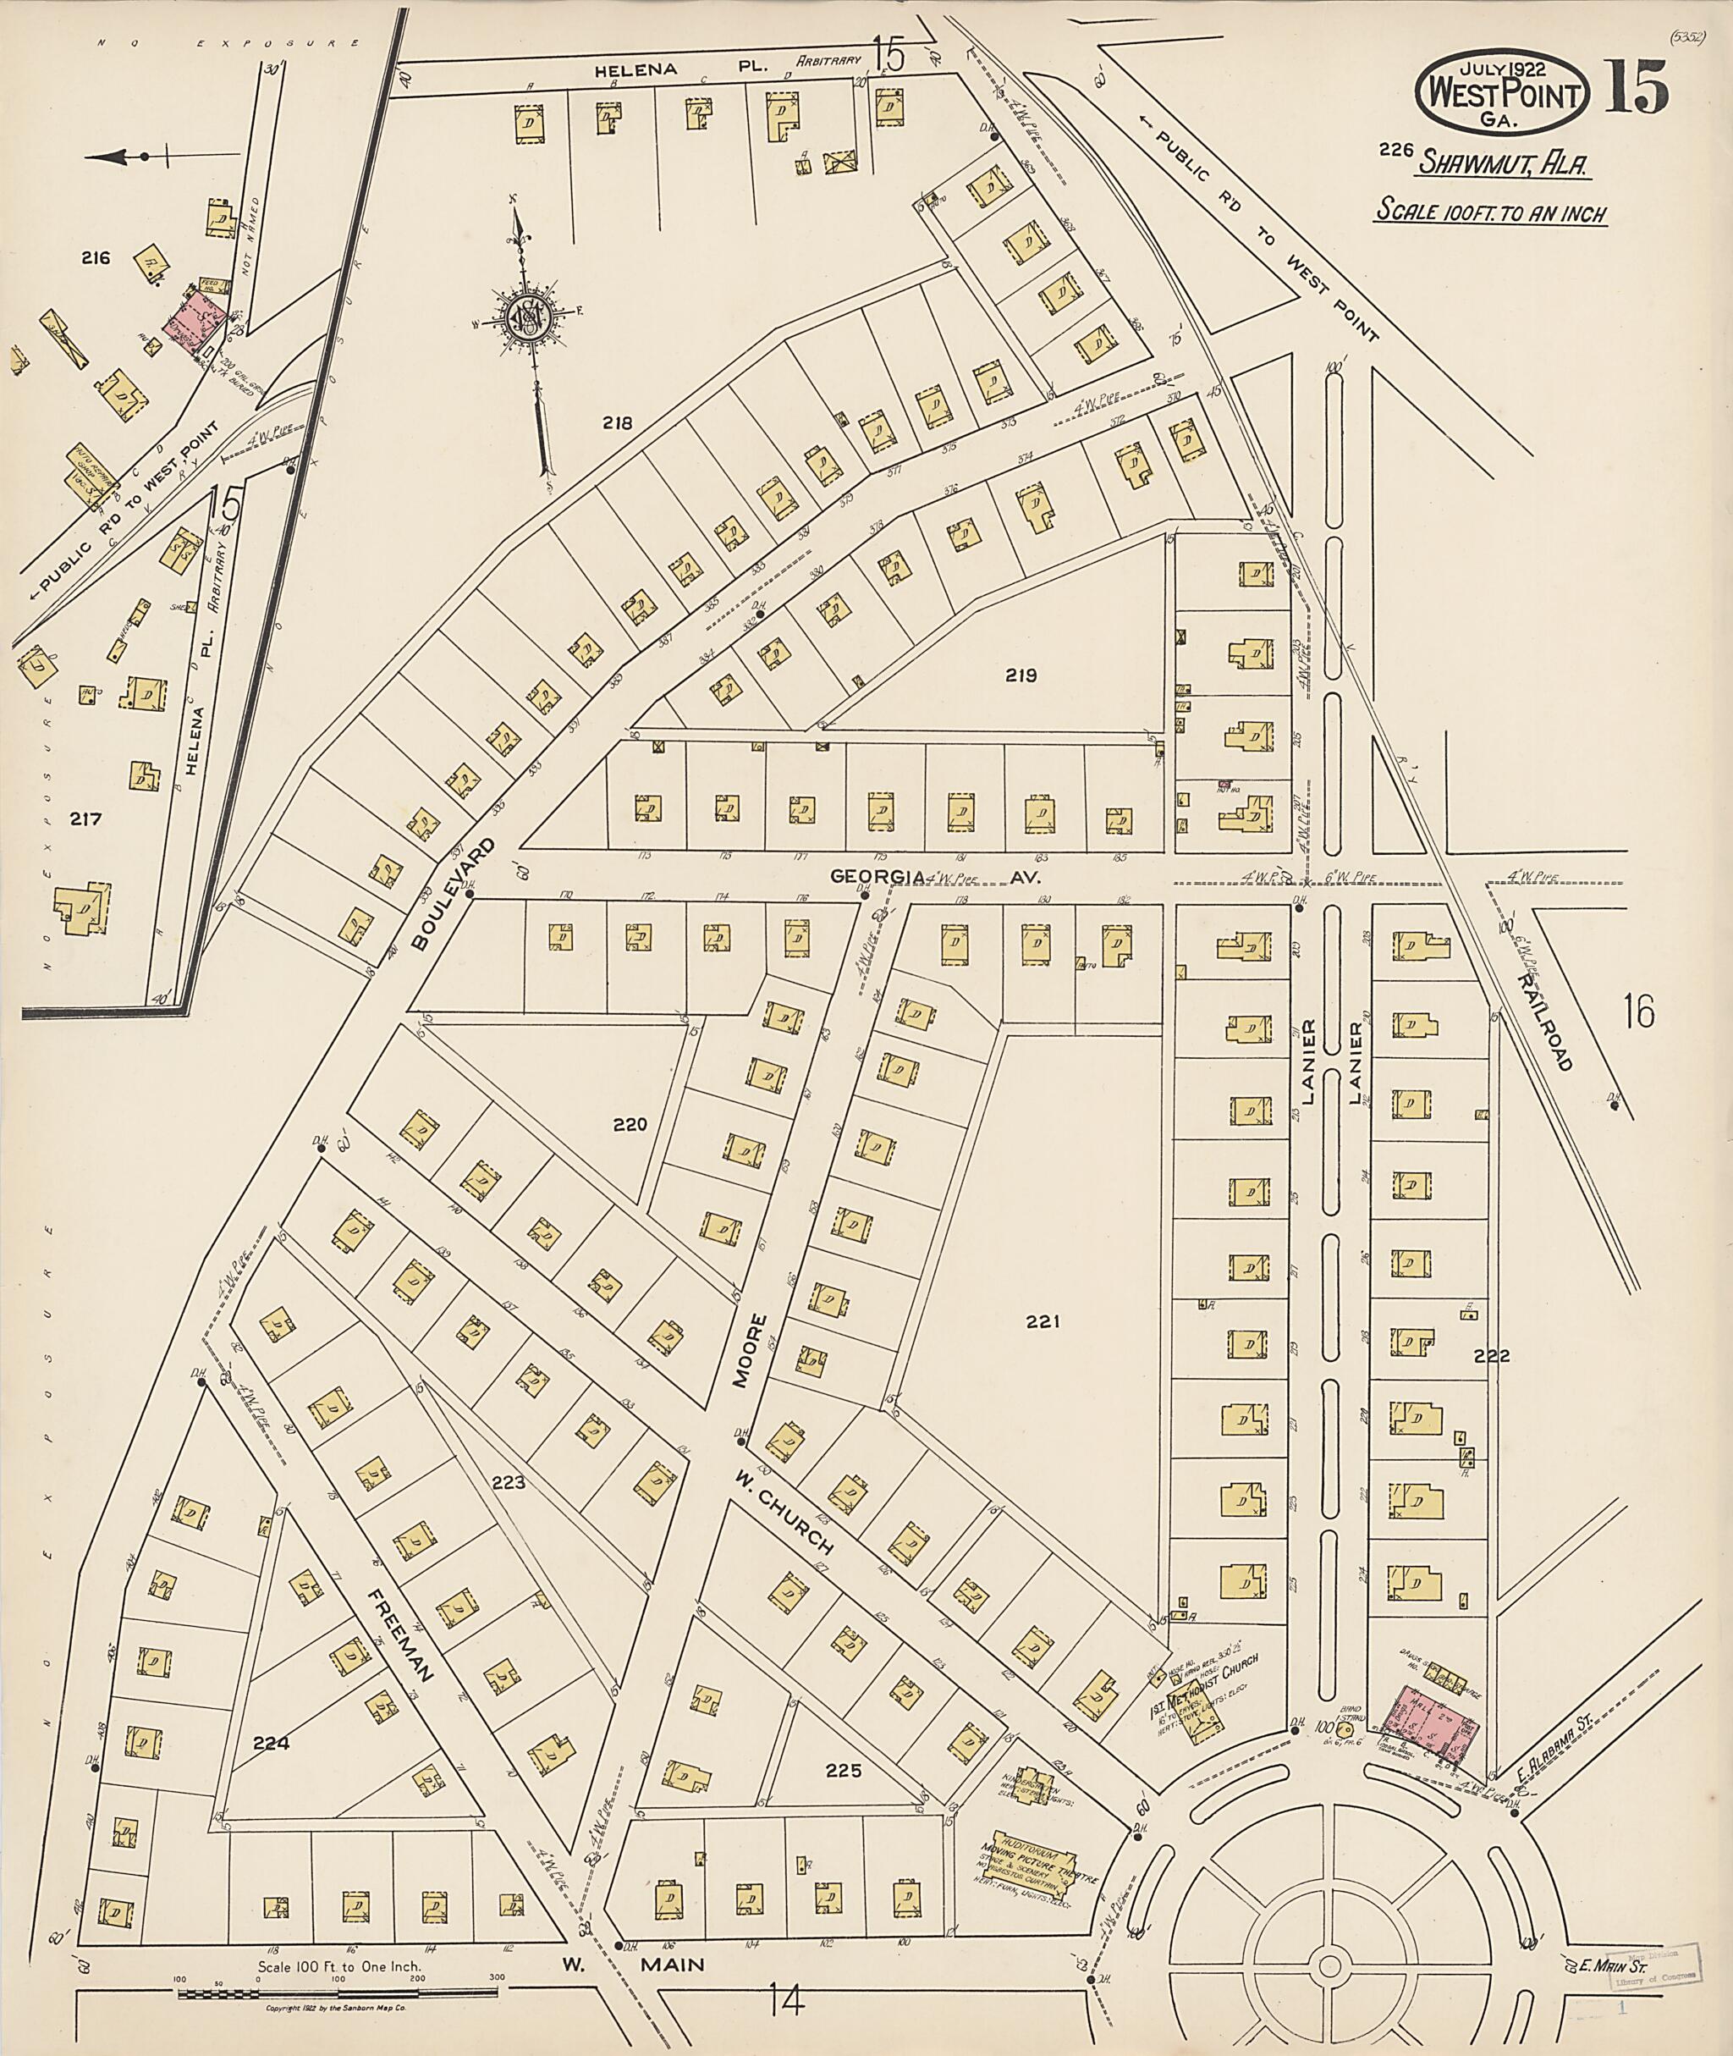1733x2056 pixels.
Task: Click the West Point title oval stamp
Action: [x=1500, y=93]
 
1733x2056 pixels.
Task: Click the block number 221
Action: [x=1043, y=1322]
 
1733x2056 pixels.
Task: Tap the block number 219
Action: [x=1021, y=675]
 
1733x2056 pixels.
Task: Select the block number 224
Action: [x=271, y=1744]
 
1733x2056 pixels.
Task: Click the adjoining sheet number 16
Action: [x=1639, y=1011]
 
